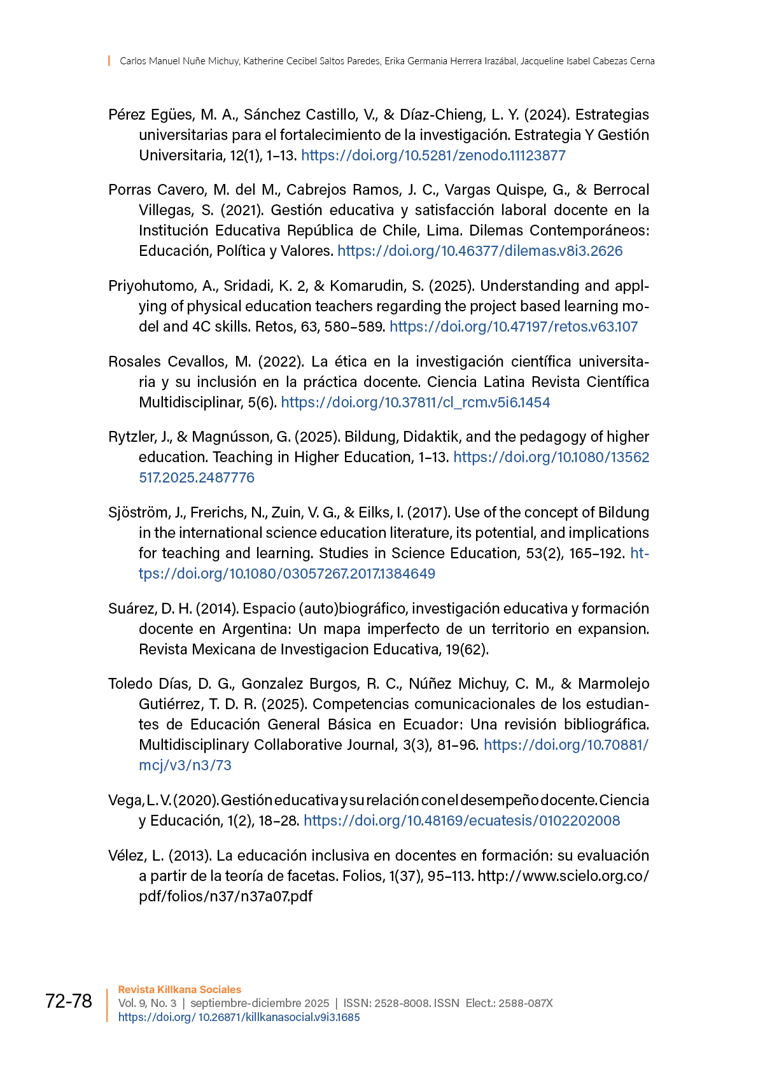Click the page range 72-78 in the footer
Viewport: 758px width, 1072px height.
click(69, 1001)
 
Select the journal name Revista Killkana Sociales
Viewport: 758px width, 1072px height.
click(179, 989)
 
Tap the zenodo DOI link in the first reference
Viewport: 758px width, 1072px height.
click(433, 155)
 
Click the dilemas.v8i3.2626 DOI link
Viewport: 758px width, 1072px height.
click(480, 251)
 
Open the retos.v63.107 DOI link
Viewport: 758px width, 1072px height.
click(513, 327)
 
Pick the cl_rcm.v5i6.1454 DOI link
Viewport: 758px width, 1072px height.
click(415, 402)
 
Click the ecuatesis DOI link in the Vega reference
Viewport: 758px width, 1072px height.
click(461, 821)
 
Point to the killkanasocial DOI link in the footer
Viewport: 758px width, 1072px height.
click(239, 1017)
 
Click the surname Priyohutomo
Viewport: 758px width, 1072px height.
click(150, 286)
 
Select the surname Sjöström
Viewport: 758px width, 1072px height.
click(137, 512)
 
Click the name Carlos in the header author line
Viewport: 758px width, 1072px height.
click(133, 61)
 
